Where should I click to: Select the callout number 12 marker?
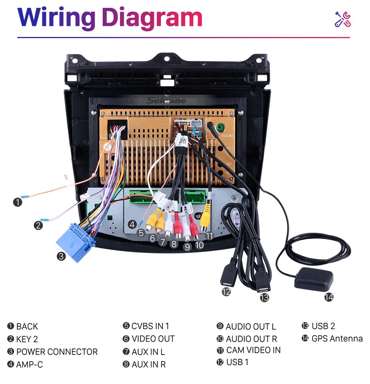pos(226,292)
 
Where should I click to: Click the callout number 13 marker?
pos(264,297)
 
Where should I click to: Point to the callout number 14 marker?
pos(329,297)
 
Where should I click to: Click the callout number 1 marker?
pos(17,202)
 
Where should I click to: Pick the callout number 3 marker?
pos(61,257)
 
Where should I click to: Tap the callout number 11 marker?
pos(209,236)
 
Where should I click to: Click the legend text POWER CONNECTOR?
pos(57,352)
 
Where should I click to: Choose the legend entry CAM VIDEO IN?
pos(253,350)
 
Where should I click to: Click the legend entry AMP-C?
pos(29,364)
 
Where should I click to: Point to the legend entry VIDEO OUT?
pos(153,339)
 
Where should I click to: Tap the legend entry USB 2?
pos(323,326)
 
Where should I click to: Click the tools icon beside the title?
pos(343,19)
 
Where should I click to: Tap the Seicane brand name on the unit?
pos(167,101)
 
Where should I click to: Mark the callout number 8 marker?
pos(174,244)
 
